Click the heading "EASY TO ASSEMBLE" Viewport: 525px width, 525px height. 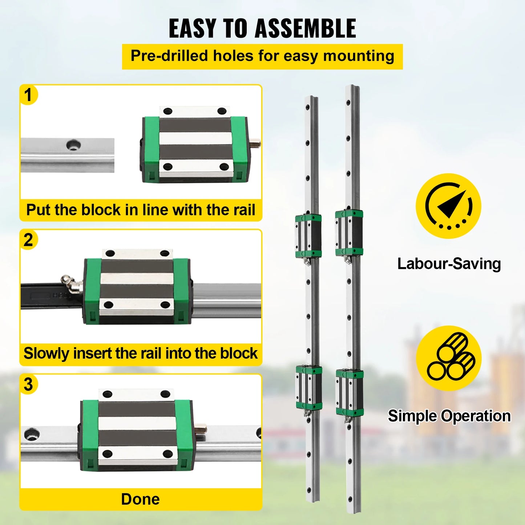262,28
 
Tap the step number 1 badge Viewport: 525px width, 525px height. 28,95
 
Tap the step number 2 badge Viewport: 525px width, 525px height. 28,240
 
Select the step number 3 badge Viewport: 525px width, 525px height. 28,384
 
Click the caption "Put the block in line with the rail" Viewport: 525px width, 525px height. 141,210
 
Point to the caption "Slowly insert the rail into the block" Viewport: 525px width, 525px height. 141,354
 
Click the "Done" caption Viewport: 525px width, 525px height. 141,499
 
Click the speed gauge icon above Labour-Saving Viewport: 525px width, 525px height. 448,206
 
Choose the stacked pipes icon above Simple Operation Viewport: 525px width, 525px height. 448,358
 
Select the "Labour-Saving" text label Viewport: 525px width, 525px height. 449,264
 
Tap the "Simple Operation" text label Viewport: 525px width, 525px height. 449,416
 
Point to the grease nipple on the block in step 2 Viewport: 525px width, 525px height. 71,283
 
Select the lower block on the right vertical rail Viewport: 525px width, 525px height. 350,392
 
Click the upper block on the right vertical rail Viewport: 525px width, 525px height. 349,233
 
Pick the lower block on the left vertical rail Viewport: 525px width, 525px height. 309,388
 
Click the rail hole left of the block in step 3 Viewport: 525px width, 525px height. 32,434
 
